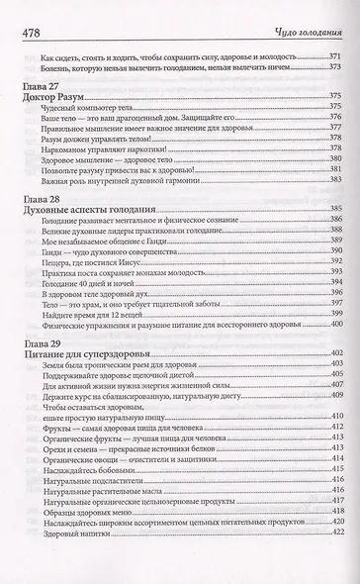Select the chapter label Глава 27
click(41, 88)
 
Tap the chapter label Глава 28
click(41, 199)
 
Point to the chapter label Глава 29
click(41, 340)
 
